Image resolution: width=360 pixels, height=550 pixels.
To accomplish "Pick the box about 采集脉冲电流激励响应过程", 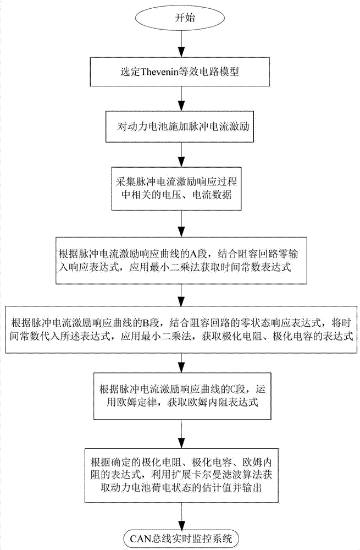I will tap(180, 189).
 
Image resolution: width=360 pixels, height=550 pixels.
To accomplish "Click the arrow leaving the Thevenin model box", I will tap(180, 98).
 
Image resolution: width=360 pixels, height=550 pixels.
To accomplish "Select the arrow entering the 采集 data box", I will tap(180, 156).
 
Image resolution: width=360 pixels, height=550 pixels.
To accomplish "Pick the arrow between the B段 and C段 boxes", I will tap(180, 362).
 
